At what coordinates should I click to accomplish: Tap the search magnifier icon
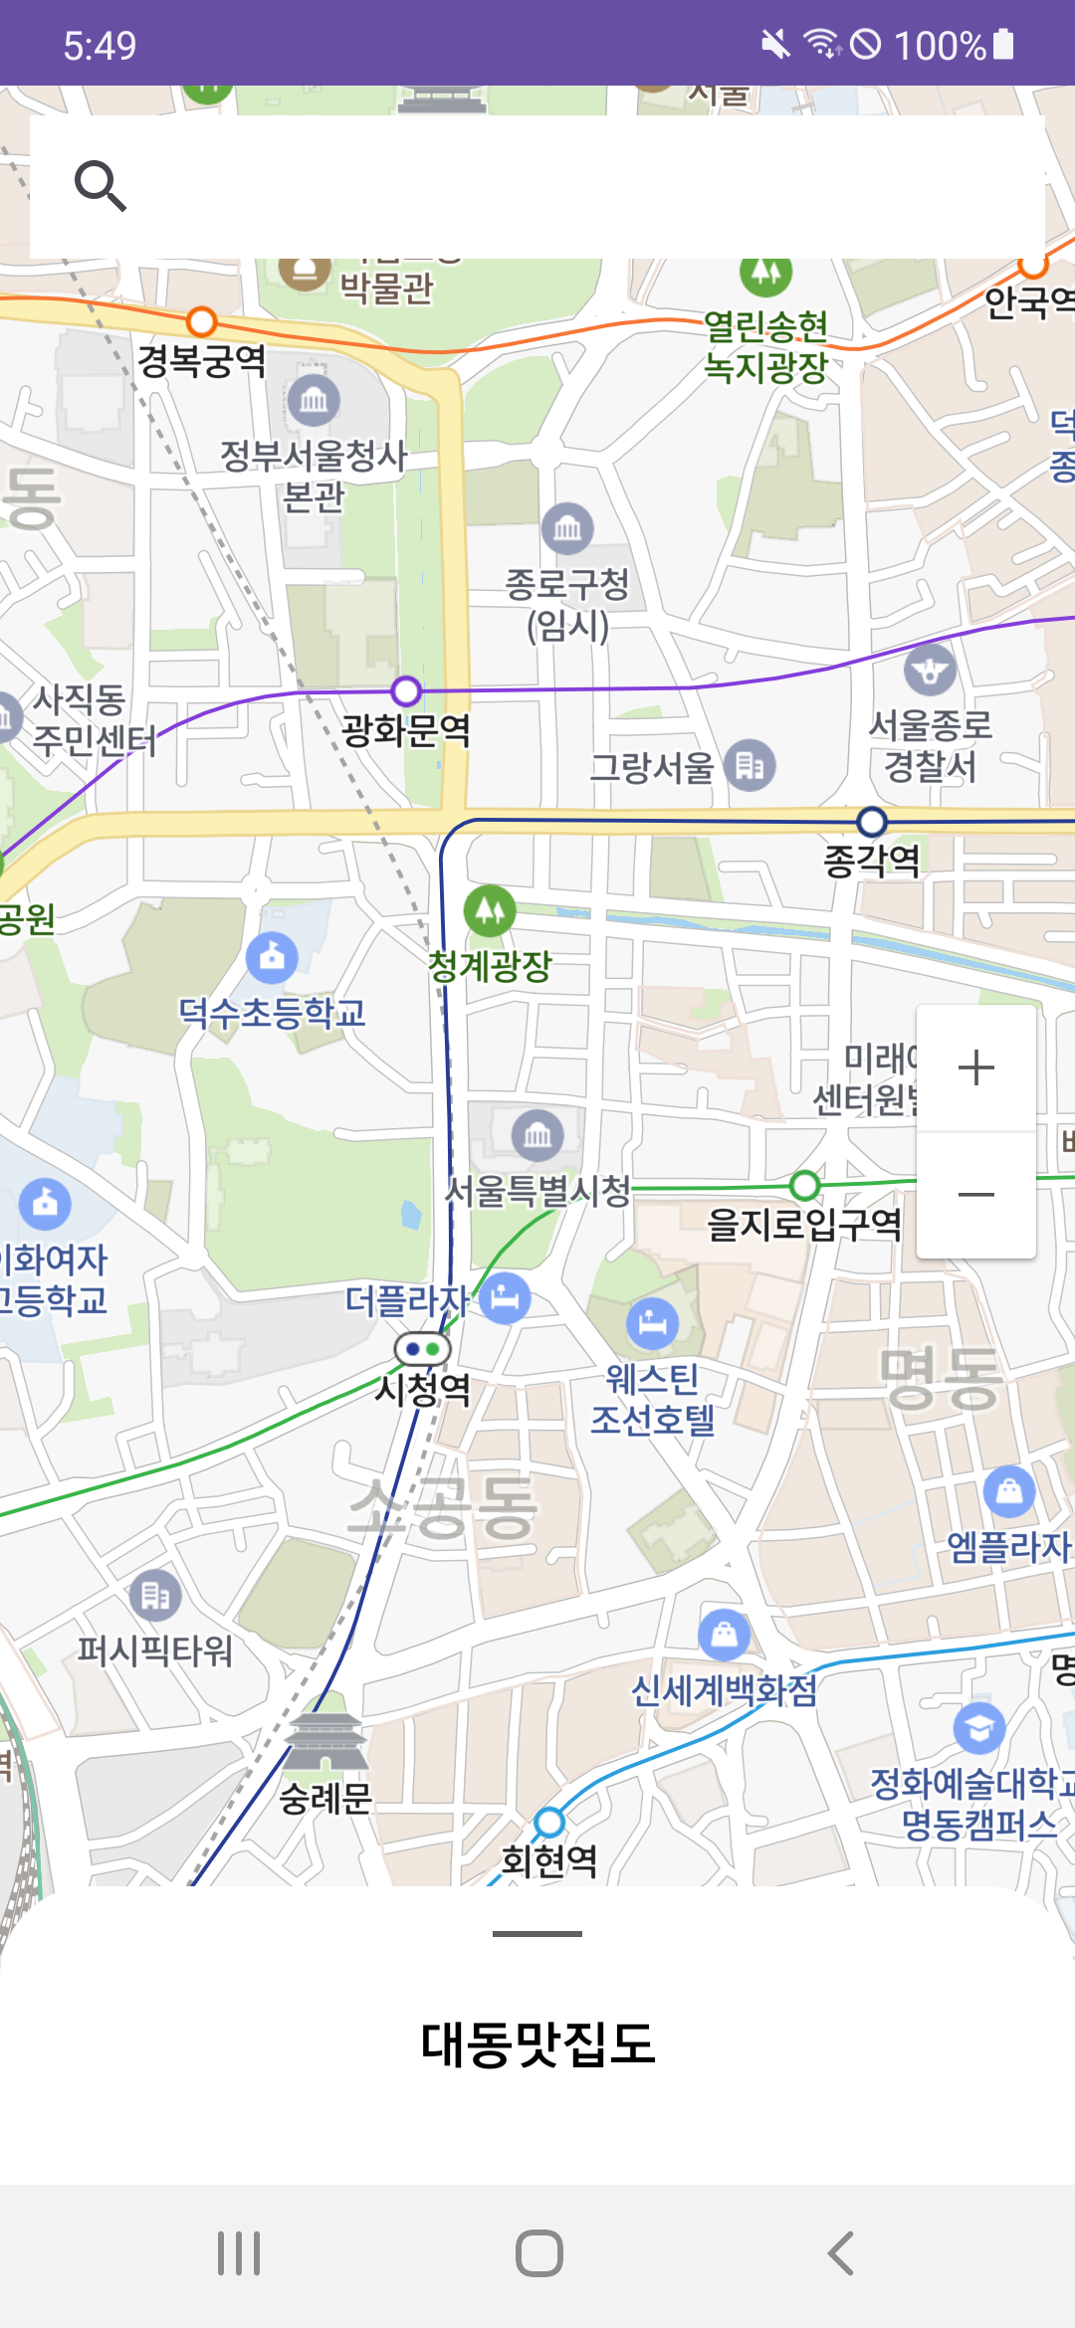[x=101, y=186]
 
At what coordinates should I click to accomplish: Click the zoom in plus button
[x=975, y=1068]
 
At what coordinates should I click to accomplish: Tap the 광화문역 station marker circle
[x=406, y=690]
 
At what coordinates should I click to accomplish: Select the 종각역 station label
[x=872, y=861]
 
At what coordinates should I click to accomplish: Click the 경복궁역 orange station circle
[x=202, y=322]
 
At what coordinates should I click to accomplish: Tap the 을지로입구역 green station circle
[x=804, y=1185]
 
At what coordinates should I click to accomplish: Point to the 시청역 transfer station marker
[x=423, y=1349]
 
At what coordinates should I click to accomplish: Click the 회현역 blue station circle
[x=549, y=1822]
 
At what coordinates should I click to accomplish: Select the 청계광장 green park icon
[x=490, y=910]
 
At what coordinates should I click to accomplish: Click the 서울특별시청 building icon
[x=537, y=1135]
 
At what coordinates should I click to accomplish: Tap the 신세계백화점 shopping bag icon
[x=725, y=1635]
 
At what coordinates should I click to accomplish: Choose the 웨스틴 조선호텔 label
[x=653, y=1399]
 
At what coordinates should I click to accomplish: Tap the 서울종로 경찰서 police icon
[x=930, y=671]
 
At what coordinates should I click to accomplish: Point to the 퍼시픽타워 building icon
[x=156, y=1595]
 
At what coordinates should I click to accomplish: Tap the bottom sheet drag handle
[x=537, y=1934]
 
